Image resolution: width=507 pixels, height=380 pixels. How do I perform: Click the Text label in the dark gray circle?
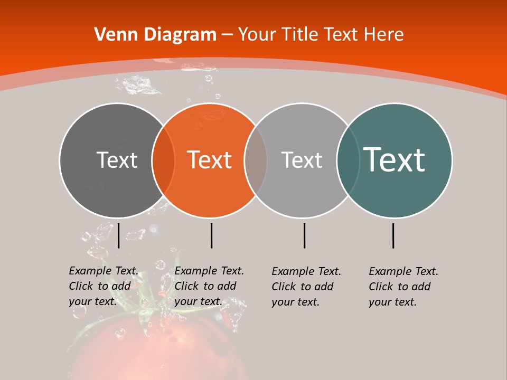pos(117,160)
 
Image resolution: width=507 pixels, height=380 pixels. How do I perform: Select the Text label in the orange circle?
pos(209,160)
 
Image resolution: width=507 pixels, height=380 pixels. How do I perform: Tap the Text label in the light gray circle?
pos(302,160)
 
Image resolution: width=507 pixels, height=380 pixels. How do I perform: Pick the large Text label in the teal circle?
pos(394,159)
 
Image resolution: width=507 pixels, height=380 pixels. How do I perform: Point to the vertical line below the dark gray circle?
pos(118,235)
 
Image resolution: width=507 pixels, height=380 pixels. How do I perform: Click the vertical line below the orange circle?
pos(211,235)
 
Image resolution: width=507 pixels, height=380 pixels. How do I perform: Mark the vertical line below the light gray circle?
pos(304,235)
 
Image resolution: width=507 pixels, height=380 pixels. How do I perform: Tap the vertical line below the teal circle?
pos(393,235)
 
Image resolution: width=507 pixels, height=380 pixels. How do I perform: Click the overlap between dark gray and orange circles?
pos(163,160)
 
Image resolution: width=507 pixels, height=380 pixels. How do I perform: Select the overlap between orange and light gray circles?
pos(256,160)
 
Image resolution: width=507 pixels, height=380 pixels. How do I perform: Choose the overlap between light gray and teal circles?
pos(348,160)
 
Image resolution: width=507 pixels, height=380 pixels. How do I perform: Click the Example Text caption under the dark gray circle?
pos(103,286)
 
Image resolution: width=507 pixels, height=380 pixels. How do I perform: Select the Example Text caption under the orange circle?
pos(209,286)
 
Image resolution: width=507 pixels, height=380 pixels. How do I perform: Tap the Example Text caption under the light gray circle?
pos(306,287)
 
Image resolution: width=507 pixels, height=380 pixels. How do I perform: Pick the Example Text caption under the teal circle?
pos(403,287)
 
